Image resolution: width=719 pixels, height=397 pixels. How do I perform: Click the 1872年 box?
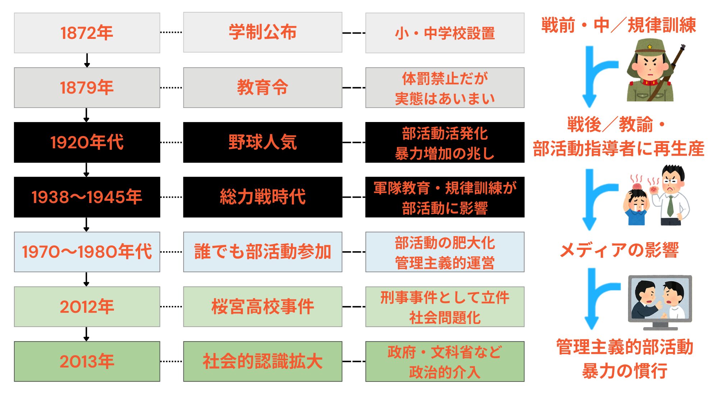click(87, 33)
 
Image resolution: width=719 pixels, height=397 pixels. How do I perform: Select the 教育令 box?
click(262, 87)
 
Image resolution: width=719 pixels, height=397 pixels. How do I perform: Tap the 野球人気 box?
click(262, 142)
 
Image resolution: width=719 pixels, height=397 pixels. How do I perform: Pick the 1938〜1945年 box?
click(87, 197)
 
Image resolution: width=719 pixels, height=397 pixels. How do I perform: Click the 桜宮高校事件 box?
click(262, 307)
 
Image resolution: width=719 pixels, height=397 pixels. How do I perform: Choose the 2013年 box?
click(87, 361)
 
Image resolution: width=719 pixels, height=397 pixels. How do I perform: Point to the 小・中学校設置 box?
click(445, 33)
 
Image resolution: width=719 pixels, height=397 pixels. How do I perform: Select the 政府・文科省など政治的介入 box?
click(445, 361)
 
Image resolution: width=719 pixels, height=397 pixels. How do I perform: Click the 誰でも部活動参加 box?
click(262, 252)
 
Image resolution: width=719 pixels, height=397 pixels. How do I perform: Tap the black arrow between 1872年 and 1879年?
click(87, 60)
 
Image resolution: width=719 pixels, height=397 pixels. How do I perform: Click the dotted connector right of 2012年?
click(171, 307)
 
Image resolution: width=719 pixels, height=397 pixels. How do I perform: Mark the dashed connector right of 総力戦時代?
click(354, 197)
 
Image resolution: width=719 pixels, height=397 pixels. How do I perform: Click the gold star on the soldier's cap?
click(650, 47)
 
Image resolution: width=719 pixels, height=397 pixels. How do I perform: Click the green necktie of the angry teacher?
click(670, 205)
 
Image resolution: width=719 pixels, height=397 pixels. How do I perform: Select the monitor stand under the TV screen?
click(660, 326)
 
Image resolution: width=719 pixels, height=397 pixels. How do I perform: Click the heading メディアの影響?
click(619, 250)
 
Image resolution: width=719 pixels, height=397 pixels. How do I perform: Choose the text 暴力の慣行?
click(625, 371)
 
